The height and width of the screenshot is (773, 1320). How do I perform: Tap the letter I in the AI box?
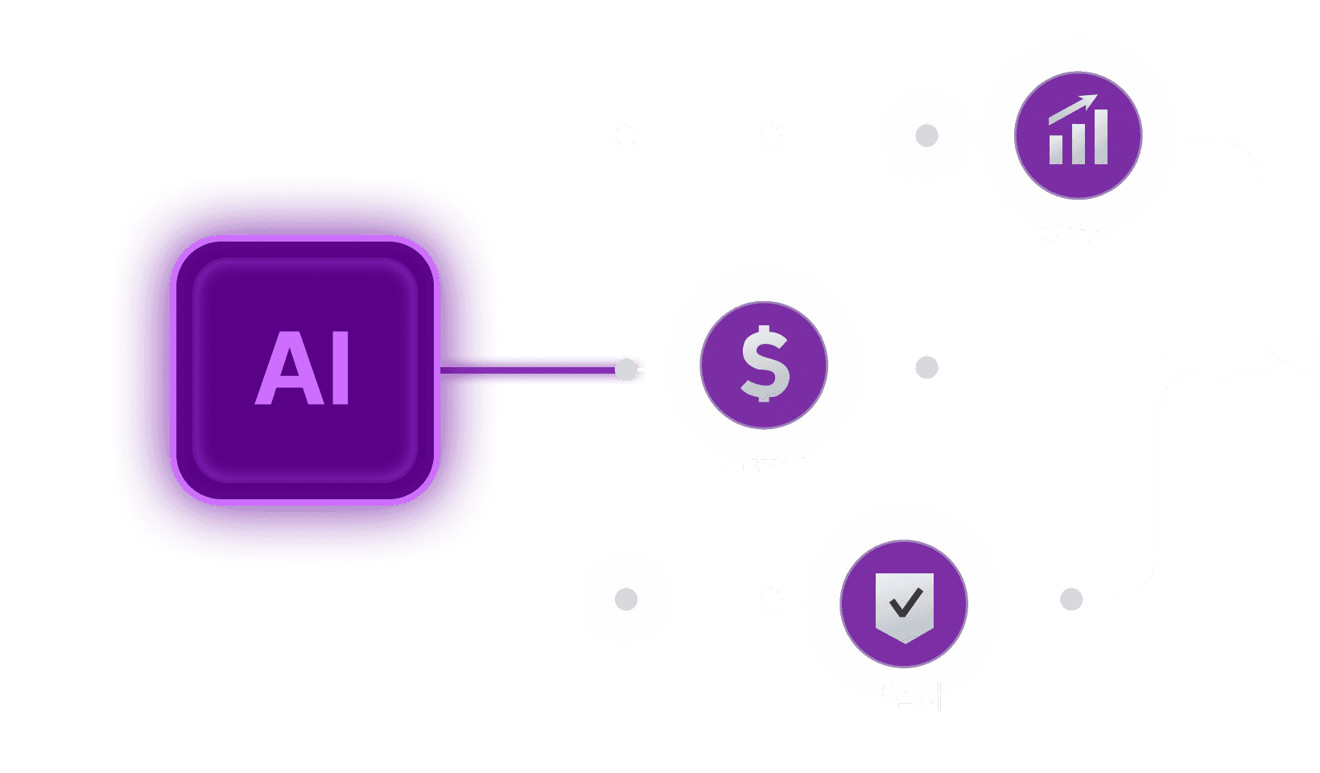pos(340,369)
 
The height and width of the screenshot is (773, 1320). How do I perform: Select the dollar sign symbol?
pos(764,364)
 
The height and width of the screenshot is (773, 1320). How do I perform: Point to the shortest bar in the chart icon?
pos(1055,149)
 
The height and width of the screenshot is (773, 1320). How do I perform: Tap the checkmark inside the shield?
pos(905,601)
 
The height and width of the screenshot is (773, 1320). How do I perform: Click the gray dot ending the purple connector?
pos(626,370)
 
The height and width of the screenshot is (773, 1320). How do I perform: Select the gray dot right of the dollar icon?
pos(926,368)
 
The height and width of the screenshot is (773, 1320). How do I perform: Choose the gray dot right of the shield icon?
pos(1071,599)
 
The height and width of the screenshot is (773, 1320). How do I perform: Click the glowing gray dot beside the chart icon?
pos(926,135)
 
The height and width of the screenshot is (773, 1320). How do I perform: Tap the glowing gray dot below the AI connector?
pos(626,599)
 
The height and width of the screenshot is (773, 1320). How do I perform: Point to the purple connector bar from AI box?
pos(555,370)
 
